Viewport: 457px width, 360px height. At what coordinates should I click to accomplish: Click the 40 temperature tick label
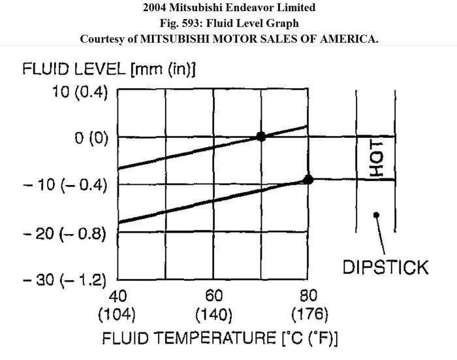(x=118, y=294)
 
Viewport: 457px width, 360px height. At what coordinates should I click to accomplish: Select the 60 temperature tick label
(x=213, y=294)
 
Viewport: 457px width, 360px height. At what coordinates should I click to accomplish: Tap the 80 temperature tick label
(x=308, y=294)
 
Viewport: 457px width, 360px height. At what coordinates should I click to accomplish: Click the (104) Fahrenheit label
(x=118, y=314)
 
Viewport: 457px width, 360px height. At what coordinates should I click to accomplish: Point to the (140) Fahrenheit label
(x=213, y=314)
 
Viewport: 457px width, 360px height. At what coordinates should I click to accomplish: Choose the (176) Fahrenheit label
(x=308, y=314)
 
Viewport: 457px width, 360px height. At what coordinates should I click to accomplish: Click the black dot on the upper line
(x=261, y=137)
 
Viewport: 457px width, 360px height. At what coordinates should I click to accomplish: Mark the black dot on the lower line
(x=309, y=180)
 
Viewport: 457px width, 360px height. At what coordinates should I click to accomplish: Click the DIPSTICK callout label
(x=385, y=267)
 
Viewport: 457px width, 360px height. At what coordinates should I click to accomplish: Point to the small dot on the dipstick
(x=376, y=214)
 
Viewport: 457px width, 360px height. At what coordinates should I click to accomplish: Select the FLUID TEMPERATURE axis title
(x=219, y=338)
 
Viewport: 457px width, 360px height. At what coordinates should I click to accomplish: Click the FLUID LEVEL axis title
(x=110, y=69)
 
